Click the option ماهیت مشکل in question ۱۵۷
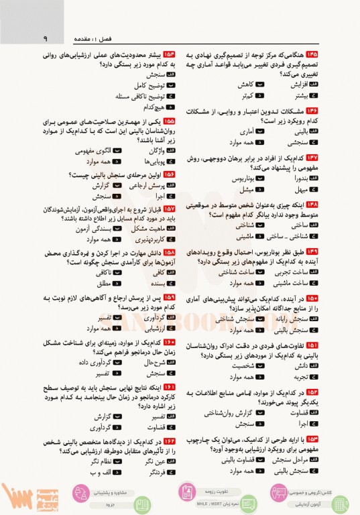click(x=149, y=228)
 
